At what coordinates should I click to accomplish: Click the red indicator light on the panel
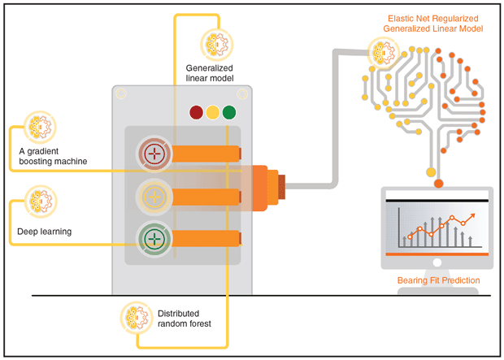point(196,113)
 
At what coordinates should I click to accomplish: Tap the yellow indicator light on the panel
point(213,113)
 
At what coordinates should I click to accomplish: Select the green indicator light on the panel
point(230,113)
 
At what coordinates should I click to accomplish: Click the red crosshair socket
point(153,153)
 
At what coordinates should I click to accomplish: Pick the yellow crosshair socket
point(153,196)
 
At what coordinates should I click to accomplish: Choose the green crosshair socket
point(153,238)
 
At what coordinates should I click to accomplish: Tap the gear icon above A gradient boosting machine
point(38,126)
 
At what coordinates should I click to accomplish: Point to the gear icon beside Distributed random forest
point(135,316)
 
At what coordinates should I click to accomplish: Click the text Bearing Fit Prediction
point(438,281)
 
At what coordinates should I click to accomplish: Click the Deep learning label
point(45,232)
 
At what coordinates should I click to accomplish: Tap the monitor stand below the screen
point(437,264)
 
